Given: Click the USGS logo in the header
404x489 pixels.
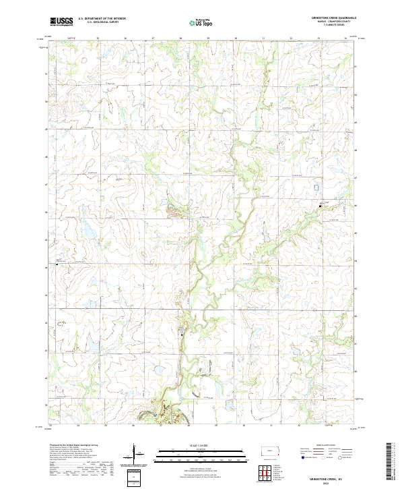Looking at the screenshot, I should coord(62,22).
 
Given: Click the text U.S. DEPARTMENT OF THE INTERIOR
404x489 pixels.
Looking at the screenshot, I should coord(102,19).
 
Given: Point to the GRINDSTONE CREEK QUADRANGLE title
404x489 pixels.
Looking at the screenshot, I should coord(330,19).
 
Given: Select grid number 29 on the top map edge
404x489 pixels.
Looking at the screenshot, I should coord(208,38).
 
